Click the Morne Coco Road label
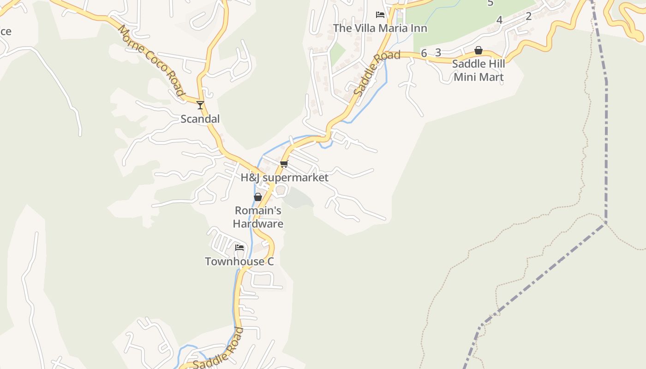151,60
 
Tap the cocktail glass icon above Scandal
200,105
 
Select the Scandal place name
200,119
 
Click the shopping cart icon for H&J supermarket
284,164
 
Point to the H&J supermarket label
285,178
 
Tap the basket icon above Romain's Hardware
258,197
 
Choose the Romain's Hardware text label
258,217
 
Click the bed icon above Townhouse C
239,248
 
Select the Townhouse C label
239,262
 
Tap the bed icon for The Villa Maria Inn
380,15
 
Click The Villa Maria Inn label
380,28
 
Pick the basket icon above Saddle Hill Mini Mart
479,50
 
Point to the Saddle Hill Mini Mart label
479,70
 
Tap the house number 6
424,53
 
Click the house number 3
438,53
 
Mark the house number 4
499,20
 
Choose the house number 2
528,17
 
